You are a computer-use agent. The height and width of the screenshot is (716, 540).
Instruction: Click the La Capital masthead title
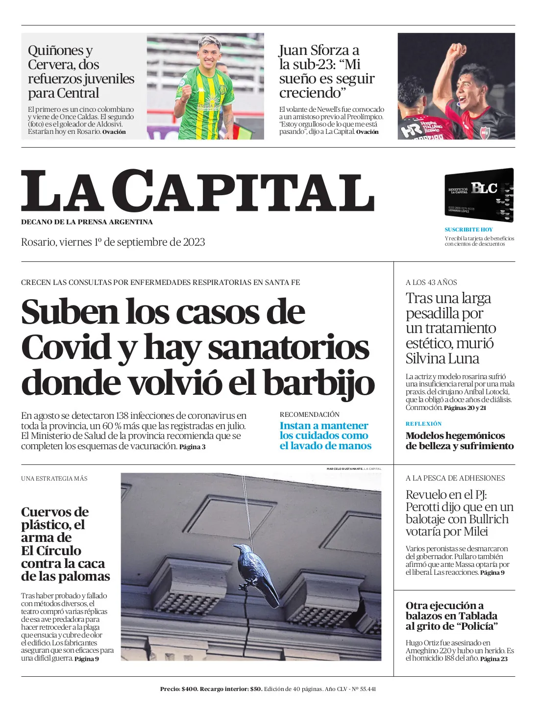pyautogui.click(x=197, y=191)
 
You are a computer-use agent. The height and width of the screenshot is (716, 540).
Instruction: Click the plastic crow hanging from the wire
pyautogui.click(x=256, y=572)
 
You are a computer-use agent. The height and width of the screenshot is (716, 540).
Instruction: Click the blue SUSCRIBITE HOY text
pyautogui.click(x=468, y=230)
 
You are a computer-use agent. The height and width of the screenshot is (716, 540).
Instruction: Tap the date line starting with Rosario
pyautogui.click(x=113, y=242)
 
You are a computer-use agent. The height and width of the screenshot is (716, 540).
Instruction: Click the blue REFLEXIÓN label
pyautogui.click(x=423, y=424)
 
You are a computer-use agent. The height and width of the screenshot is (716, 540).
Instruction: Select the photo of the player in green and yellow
pyautogui.click(x=205, y=86)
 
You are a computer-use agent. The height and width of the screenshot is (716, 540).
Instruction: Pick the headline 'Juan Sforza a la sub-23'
pyautogui.click(x=326, y=71)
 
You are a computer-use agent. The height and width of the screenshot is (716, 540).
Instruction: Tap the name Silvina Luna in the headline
pyautogui.click(x=442, y=358)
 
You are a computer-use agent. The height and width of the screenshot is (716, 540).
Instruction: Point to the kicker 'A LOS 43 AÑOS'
pyautogui.click(x=431, y=282)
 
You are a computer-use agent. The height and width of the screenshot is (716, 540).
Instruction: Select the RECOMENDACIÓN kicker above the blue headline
pyautogui.click(x=309, y=414)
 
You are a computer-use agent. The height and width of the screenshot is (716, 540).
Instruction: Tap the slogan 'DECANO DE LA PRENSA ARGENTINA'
pyautogui.click(x=87, y=222)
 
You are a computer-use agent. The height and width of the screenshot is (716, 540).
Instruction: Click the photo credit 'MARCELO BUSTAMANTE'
pyautogui.click(x=344, y=469)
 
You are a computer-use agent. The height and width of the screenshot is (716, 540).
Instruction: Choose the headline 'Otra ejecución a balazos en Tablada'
pyautogui.click(x=451, y=615)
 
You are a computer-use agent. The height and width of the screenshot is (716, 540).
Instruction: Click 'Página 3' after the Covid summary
pyautogui.click(x=192, y=447)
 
